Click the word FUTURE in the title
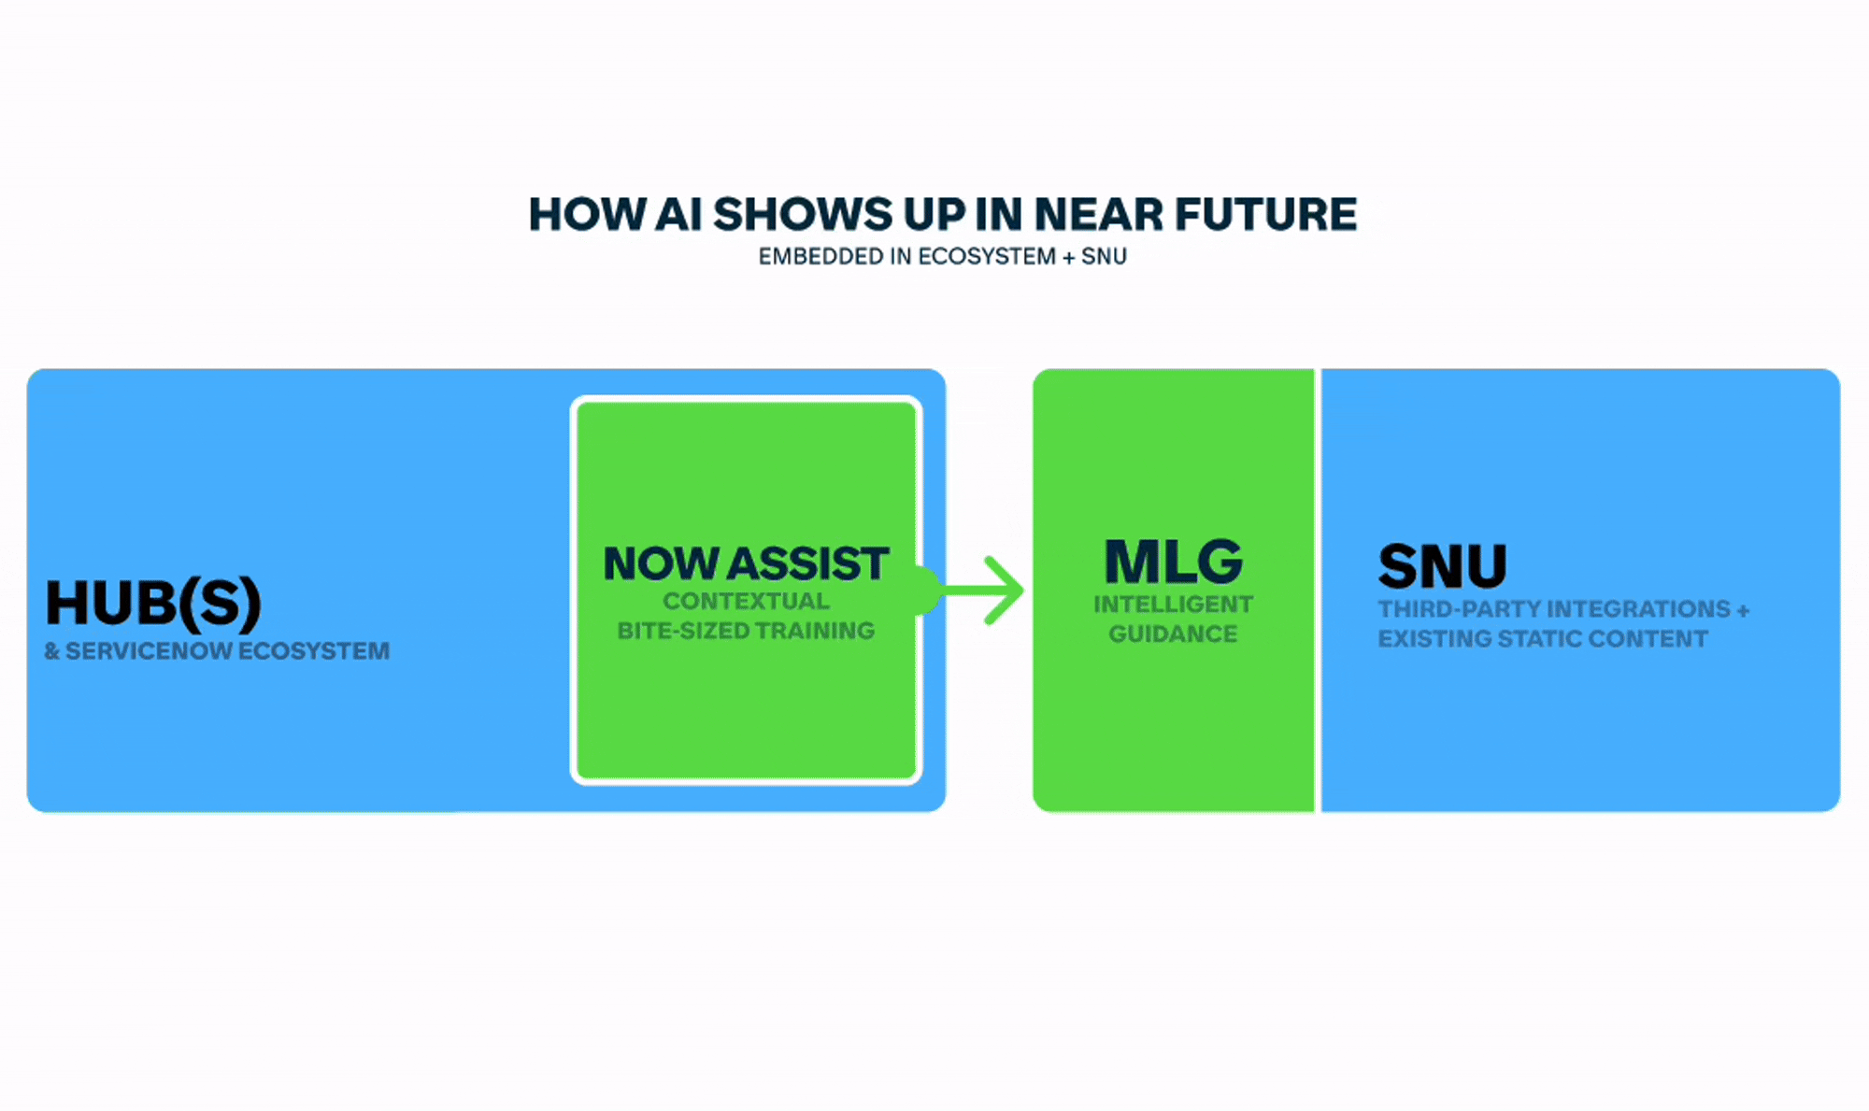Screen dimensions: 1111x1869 coord(1265,215)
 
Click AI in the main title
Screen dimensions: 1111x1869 coord(678,215)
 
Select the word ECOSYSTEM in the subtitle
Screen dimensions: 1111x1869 coord(987,257)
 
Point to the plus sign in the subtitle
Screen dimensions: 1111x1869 coord(1068,257)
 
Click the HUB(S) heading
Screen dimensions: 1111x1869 coord(153,603)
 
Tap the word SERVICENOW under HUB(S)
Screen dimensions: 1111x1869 coord(150,651)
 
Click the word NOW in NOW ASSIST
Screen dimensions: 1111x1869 coord(661,564)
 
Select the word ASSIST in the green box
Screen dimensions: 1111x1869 coord(808,564)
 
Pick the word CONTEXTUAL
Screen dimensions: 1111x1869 coord(746,601)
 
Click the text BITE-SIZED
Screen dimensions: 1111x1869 coord(682,631)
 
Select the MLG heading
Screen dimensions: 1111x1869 coord(1173,563)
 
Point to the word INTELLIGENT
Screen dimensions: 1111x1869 coord(1173,605)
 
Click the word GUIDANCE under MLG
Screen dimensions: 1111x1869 coord(1173,634)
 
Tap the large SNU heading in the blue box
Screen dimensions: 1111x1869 coord(1442,566)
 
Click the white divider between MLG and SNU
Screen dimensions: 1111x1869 coord(1318,590)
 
